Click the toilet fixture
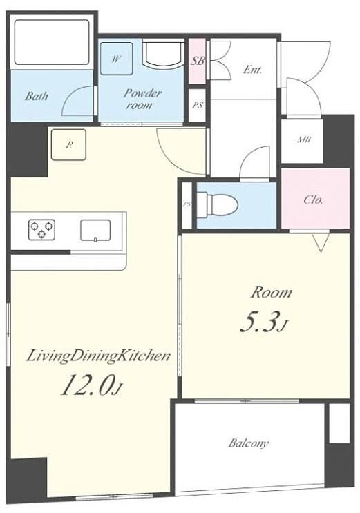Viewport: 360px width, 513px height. tap(218, 205)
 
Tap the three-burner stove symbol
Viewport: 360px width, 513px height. tap(41, 230)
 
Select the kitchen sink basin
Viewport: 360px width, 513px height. tap(95, 231)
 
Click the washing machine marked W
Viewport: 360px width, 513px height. tap(116, 59)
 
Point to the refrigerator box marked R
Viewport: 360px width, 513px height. tap(68, 145)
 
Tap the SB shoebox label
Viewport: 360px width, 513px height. tap(198, 61)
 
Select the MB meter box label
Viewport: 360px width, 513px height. tap(303, 139)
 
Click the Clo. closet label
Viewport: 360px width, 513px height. tap(313, 200)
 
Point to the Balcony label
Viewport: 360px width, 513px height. tap(249, 443)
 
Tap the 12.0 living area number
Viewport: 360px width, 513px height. tap(91, 385)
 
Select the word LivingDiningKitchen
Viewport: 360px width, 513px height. tap(98, 356)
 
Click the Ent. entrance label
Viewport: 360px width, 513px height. tap(253, 70)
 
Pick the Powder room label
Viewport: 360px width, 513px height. tap(142, 99)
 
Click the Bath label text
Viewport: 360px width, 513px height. tap(37, 96)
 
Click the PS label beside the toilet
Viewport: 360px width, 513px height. tap(187, 204)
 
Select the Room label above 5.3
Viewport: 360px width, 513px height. tap(271, 293)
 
